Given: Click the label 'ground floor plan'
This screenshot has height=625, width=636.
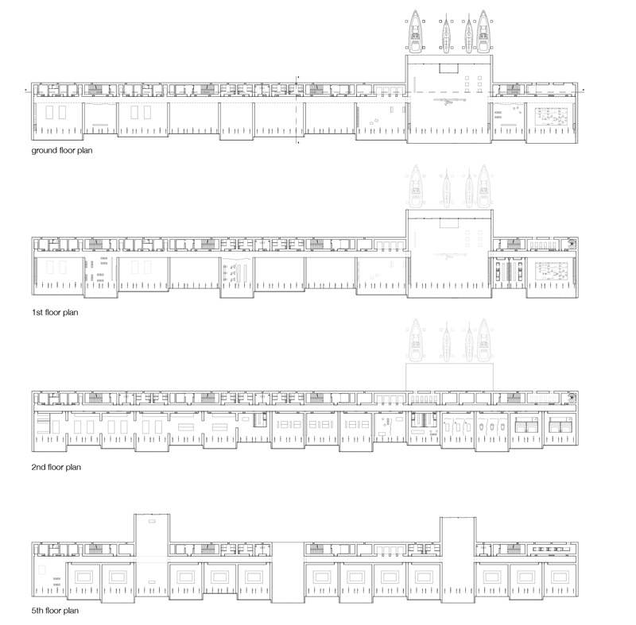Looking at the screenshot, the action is click(x=62, y=150).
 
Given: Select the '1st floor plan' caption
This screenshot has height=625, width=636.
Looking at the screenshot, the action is click(x=55, y=312).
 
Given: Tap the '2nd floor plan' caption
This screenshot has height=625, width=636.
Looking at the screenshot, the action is click(x=56, y=467).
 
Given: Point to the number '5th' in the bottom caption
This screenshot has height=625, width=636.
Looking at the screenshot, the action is click(x=38, y=611).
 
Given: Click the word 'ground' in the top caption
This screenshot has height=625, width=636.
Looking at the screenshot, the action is click(x=43, y=151).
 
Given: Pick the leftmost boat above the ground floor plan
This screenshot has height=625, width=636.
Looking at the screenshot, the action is click(x=415, y=32).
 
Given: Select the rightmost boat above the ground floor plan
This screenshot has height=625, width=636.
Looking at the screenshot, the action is click(x=483, y=32).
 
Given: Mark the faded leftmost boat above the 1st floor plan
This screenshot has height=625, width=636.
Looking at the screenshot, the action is click(x=415, y=187).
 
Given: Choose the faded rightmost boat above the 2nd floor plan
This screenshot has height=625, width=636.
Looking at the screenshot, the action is click(x=483, y=340).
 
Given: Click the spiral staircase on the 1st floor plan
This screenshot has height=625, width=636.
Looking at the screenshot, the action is click(x=571, y=244).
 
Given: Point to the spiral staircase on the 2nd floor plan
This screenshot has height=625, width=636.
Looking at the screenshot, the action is click(x=571, y=397).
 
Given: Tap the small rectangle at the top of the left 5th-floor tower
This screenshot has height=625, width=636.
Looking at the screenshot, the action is click(x=152, y=521).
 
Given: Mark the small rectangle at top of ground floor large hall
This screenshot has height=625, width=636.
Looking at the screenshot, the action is click(x=448, y=68).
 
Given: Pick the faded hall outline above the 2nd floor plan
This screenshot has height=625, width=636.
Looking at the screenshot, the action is click(x=449, y=377).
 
